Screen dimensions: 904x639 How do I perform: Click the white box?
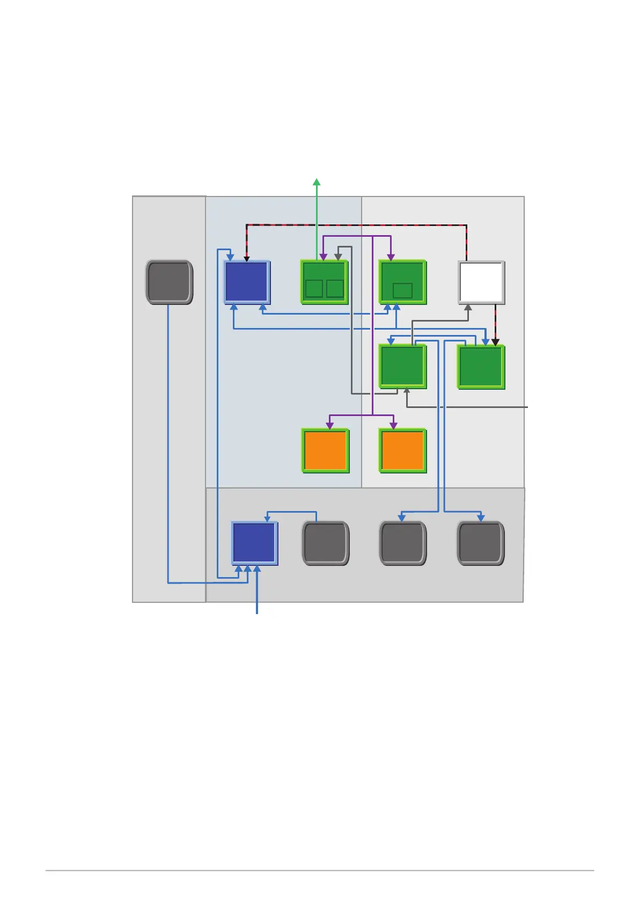481,282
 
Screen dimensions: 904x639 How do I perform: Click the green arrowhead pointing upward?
317,182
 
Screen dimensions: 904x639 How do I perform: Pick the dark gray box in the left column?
169,282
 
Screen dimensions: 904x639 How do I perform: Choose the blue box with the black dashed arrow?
247,282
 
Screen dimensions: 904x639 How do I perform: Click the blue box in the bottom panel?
254,543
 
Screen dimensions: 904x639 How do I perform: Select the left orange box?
325,450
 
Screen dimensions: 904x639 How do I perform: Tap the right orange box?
402,450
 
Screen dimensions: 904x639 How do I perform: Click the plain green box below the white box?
481,367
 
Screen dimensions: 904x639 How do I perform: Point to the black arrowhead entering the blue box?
247,259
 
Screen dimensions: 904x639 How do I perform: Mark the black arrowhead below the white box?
496,342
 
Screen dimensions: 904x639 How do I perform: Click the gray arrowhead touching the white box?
468,308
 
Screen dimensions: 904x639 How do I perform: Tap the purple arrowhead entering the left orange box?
329,425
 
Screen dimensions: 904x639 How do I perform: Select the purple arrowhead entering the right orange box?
394,425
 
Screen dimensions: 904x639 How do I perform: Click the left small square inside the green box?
314,289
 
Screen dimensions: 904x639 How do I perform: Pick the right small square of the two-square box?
335,289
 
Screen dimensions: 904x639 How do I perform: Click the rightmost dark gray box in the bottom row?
480,543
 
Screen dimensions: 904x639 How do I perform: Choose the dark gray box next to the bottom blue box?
326,543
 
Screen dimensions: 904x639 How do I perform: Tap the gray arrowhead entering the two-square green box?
338,257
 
